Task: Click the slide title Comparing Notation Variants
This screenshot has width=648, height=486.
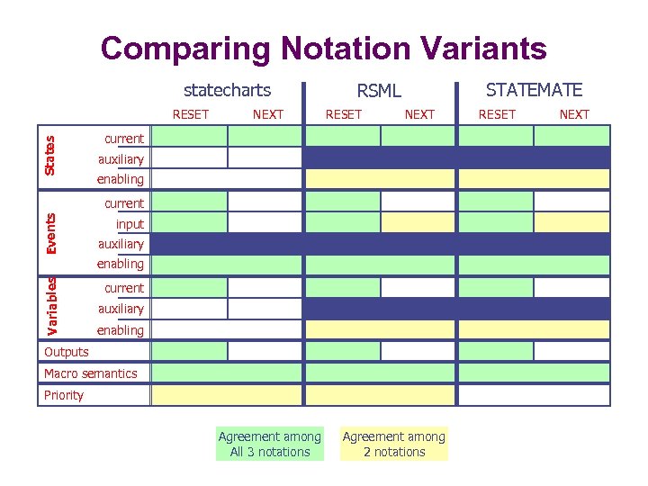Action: [x=323, y=48]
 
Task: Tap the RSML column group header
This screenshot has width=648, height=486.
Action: [x=379, y=90]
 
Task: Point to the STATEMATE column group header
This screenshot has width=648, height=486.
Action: [x=534, y=89]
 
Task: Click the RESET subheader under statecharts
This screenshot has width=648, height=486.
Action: [x=190, y=114]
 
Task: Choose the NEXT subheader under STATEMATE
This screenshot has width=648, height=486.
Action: [x=573, y=114]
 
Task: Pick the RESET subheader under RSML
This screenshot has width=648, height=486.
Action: [x=343, y=114]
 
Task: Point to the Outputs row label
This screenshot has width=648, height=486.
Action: [x=67, y=352]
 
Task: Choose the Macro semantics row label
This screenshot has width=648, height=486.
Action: [x=90, y=373]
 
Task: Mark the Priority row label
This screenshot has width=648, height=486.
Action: [x=63, y=395]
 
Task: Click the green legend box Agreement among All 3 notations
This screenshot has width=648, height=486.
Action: [x=269, y=445]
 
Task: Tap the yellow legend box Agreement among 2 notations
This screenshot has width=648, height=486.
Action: [x=393, y=445]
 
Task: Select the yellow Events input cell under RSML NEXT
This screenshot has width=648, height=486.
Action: [x=418, y=222]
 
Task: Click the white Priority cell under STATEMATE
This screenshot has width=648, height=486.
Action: [x=535, y=395]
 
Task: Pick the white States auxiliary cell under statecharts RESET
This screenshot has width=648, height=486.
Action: [x=190, y=157]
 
